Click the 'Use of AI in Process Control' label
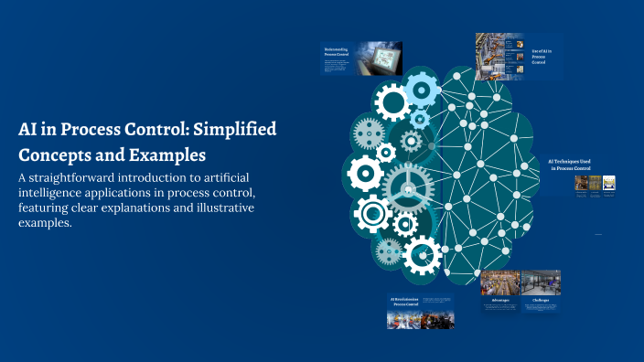[542, 56]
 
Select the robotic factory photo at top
[499, 53]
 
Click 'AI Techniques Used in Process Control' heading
[568, 165]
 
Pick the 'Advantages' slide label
[500, 299]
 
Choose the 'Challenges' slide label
[540, 299]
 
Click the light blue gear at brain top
[421, 90]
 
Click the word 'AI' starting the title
[27, 129]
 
